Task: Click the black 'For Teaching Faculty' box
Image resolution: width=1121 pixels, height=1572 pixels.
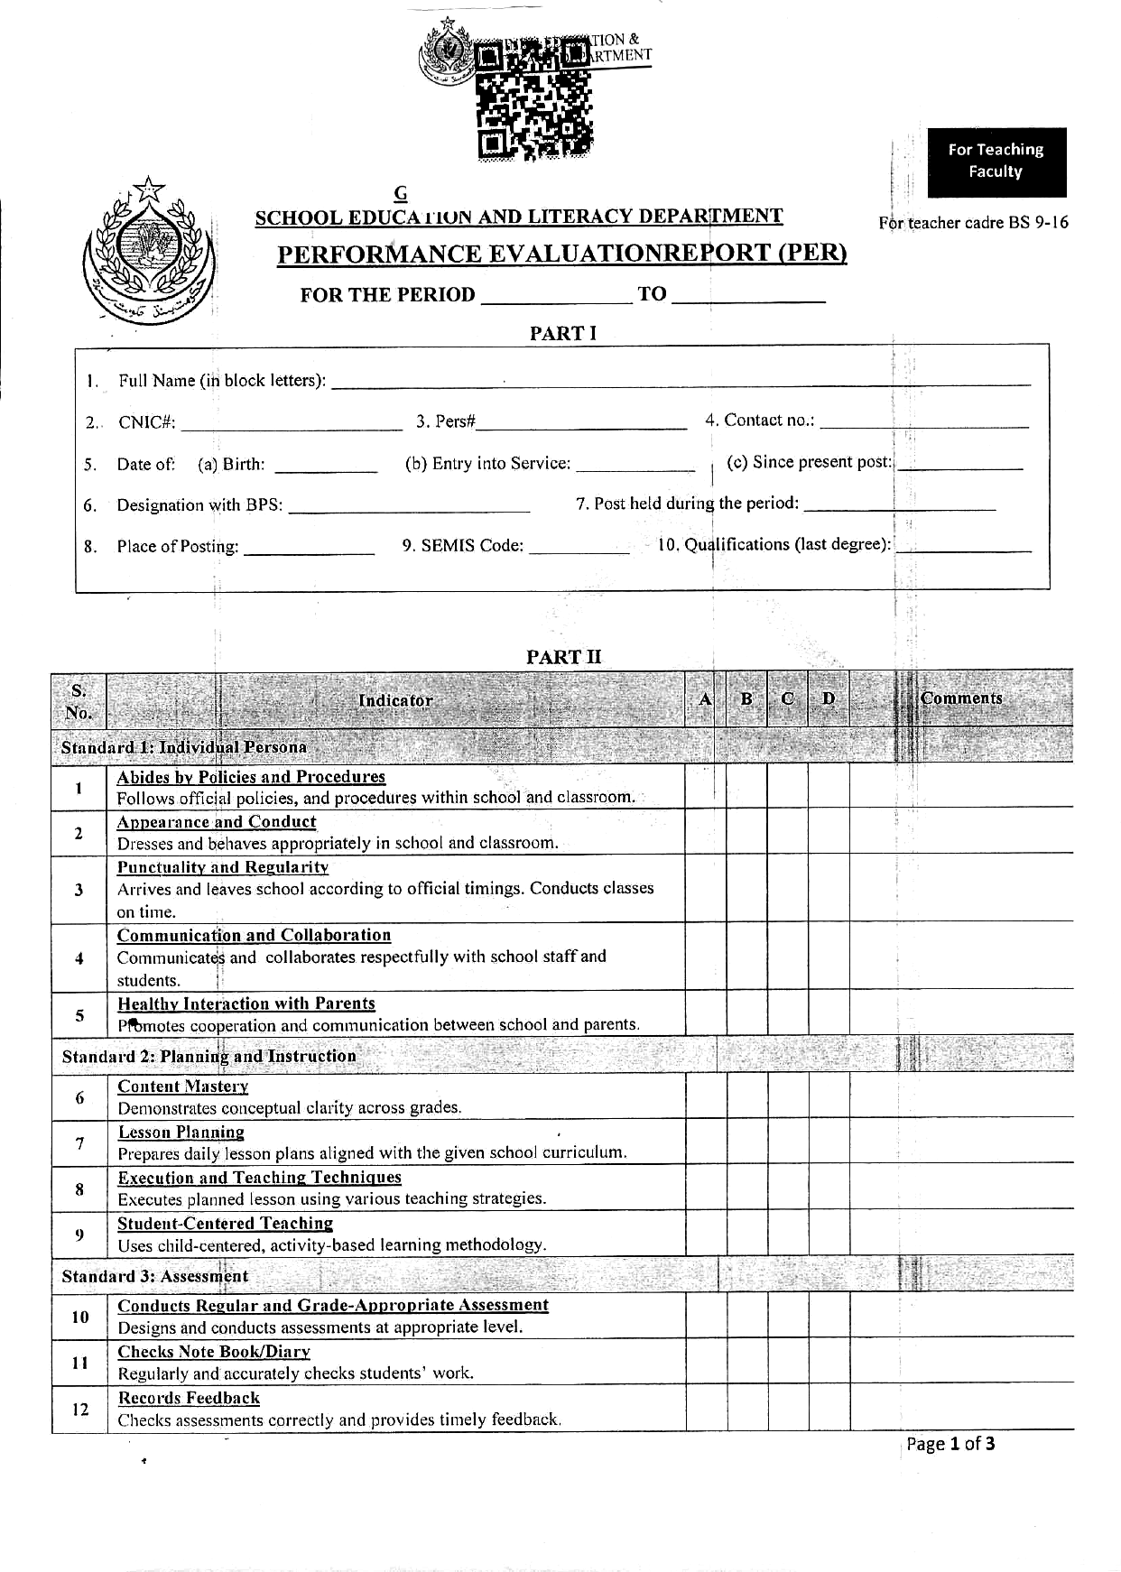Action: click(996, 162)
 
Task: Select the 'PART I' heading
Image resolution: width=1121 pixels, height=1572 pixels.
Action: click(563, 333)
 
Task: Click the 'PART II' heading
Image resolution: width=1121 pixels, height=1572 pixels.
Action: click(563, 657)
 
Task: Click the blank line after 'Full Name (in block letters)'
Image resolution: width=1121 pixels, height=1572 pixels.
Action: click(681, 383)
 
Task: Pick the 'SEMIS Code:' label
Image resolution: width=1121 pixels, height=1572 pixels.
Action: click(462, 545)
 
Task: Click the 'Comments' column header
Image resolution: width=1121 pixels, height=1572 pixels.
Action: click(961, 698)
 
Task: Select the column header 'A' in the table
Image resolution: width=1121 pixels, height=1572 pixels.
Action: click(705, 698)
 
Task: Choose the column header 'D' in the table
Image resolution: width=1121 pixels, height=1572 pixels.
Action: click(829, 698)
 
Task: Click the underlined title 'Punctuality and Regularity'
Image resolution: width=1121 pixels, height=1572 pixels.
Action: click(223, 867)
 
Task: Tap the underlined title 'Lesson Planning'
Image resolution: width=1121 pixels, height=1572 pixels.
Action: click(181, 1132)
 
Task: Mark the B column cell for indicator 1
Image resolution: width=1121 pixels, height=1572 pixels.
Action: click(746, 786)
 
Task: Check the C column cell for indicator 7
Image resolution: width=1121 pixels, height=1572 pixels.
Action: click(788, 1142)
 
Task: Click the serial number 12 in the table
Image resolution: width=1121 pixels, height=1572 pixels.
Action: click(80, 1408)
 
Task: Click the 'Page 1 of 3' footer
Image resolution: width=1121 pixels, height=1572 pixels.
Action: click(950, 1444)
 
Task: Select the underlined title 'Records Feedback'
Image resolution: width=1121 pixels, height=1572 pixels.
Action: click(189, 1398)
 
